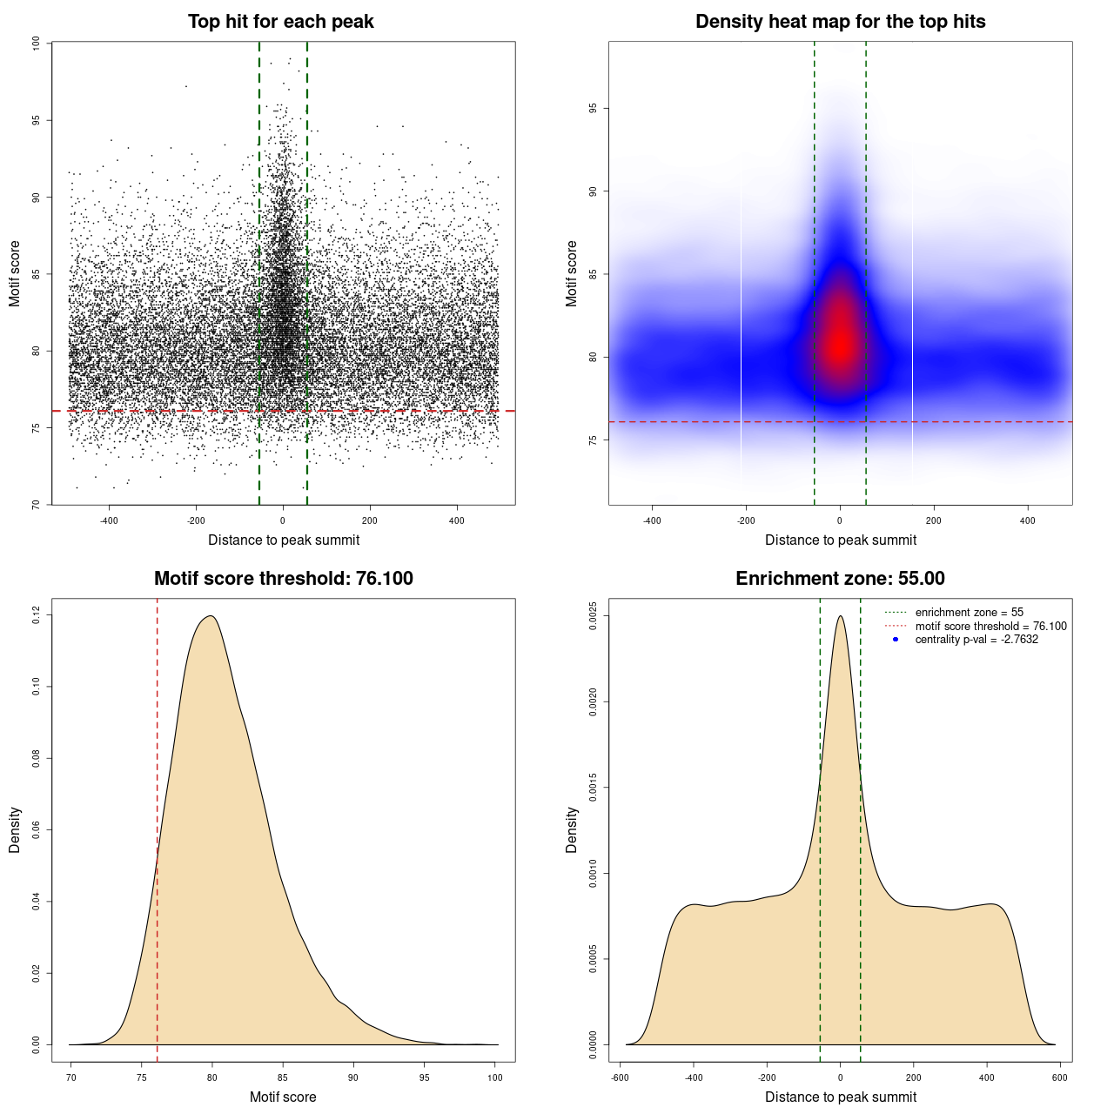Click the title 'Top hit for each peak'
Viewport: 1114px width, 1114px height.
281,22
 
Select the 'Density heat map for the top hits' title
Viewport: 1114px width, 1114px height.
840,22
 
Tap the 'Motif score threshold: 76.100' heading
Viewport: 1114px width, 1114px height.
283,579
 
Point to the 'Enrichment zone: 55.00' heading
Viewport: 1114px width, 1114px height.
840,579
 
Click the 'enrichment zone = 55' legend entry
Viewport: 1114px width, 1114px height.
969,613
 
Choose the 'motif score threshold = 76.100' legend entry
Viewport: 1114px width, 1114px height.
990,626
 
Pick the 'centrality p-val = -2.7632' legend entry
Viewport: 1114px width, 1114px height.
976,640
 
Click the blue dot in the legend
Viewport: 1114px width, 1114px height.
896,640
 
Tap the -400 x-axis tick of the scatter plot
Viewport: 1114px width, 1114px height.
109,520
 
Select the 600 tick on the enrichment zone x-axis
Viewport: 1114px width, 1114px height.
1059,1077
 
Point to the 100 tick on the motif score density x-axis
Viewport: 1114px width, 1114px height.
495,1077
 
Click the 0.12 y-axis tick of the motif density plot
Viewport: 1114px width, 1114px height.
36,615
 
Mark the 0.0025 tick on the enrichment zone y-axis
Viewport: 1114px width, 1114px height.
593,616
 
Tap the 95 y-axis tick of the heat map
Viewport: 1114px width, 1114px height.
593,108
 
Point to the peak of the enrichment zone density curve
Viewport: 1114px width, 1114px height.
840,616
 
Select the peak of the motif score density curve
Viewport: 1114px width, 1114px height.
209,616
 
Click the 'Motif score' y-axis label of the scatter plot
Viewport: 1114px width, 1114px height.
15,273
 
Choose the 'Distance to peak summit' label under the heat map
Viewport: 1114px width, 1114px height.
840,540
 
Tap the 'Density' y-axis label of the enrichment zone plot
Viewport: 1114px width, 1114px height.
572,829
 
